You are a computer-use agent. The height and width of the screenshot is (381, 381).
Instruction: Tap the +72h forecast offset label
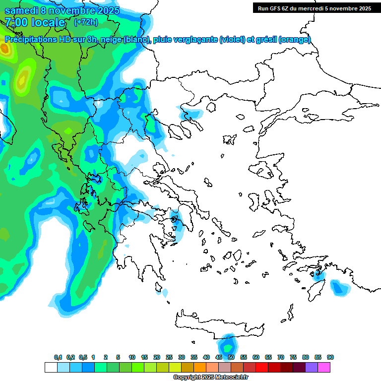86,22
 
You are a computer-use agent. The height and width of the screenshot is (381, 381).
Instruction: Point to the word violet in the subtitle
233,40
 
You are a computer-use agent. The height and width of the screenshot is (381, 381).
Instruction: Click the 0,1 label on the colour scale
58,358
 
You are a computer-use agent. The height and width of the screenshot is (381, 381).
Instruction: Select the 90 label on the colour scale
330,358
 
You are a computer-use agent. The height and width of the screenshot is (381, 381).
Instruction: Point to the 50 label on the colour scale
231,358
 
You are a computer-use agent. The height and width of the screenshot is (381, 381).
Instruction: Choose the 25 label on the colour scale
169,358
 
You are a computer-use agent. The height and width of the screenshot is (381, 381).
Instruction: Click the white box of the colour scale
51,368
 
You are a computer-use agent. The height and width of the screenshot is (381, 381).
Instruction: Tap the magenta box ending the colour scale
324,368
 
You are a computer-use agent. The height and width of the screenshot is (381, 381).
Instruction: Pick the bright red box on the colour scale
262,368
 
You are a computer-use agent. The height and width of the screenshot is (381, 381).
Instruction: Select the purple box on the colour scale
312,368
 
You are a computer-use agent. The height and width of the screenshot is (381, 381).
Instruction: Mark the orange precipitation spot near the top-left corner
5,49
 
